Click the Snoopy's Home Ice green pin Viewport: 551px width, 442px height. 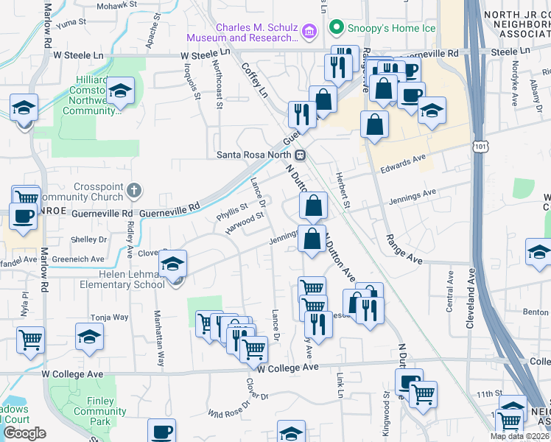point(337,28)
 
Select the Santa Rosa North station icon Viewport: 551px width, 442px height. point(301,155)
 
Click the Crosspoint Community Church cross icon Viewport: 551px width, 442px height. point(133,191)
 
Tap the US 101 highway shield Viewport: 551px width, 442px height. point(480,147)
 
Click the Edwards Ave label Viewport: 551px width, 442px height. point(404,159)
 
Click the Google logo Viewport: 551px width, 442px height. point(25,433)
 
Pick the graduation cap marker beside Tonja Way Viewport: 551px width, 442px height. point(90,337)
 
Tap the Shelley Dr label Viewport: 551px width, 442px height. point(88,239)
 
